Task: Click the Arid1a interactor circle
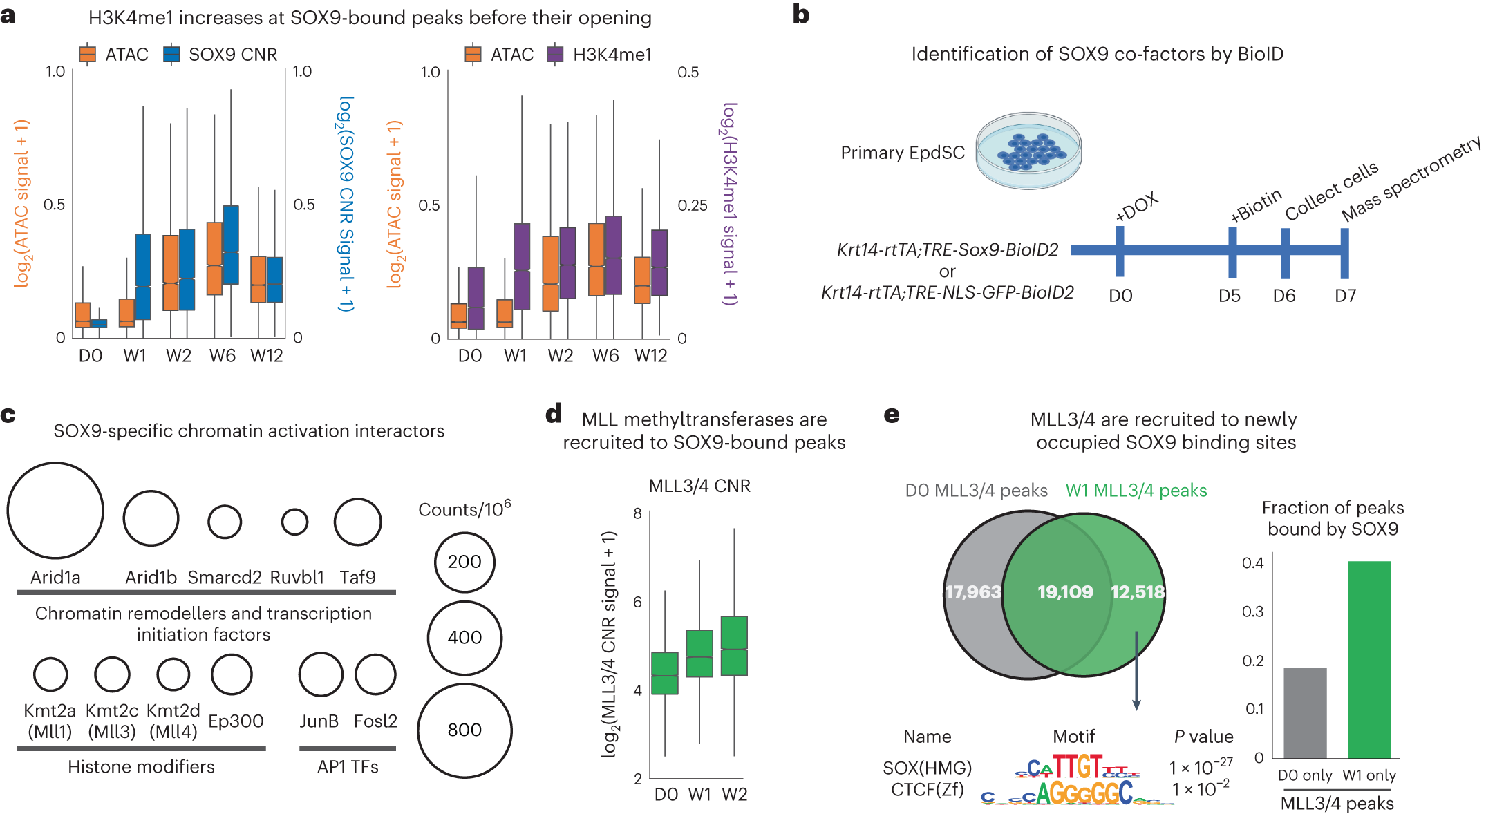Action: click(55, 511)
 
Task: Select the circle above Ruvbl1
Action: click(294, 522)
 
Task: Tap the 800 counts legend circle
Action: click(464, 730)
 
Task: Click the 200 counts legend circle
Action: click(464, 562)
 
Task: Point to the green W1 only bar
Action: click(1369, 659)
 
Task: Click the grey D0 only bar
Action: click(1305, 712)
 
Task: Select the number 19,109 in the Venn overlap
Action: click(1065, 592)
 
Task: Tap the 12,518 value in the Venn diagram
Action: click(1137, 592)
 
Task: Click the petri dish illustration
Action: click(1028, 152)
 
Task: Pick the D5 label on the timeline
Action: click(1230, 296)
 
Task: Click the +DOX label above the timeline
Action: click(1136, 208)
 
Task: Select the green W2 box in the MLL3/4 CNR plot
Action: click(734, 645)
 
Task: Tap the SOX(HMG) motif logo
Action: click(1077, 767)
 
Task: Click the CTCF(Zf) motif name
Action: click(927, 790)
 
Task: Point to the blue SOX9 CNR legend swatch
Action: click(171, 54)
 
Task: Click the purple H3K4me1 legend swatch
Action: click(555, 54)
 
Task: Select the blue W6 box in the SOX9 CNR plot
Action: click(231, 244)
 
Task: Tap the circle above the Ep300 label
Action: click(232, 674)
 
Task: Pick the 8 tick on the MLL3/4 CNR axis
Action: click(637, 513)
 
